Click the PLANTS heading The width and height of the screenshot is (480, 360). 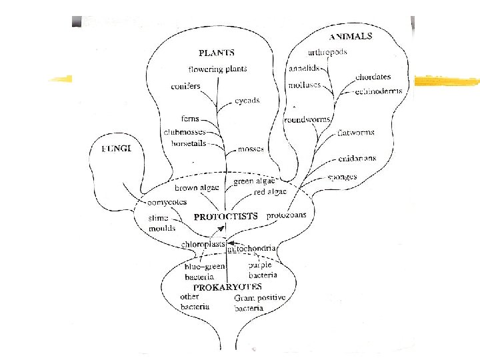pos(217,53)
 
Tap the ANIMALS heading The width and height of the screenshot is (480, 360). pos(351,36)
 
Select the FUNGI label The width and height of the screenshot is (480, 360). pos(116,148)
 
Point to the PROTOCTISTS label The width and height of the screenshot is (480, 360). pos(226,217)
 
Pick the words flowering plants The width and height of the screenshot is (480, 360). pos(217,69)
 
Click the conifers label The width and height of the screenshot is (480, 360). pos(185,87)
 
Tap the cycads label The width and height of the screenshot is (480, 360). pos(247,101)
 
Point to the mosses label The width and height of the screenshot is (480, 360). pos(251,149)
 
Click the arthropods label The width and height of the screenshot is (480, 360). pos(327,53)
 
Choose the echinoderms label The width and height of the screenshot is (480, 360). pos(379,91)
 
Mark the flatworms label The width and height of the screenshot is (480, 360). pos(356,133)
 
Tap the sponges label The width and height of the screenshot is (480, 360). pos(342,177)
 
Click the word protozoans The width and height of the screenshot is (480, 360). pos(286,215)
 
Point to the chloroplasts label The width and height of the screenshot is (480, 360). pos(203,245)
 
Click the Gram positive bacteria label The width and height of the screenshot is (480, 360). pos(260,303)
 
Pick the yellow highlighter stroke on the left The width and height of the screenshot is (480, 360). pos(61,79)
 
